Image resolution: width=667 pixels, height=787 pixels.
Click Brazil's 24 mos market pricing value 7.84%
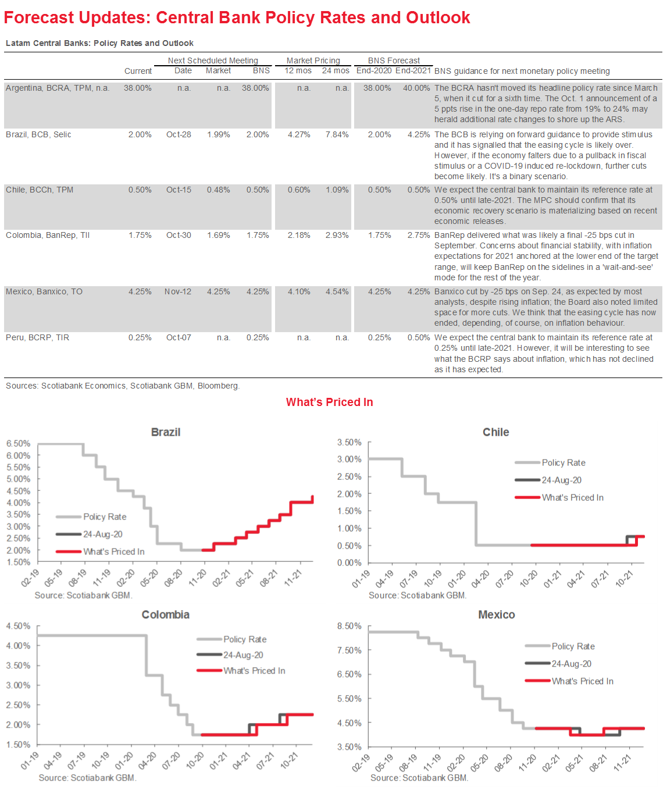point(337,134)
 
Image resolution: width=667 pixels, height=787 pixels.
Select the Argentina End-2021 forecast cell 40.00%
point(416,88)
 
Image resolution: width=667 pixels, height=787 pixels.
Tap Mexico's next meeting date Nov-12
point(177,291)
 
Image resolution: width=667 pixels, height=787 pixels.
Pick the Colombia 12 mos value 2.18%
point(299,235)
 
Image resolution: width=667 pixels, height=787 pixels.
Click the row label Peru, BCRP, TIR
point(37,337)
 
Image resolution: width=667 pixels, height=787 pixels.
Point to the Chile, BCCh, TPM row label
point(40,190)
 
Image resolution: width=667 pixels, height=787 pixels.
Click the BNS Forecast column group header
point(394,60)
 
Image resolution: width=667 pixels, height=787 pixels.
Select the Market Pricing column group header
point(313,60)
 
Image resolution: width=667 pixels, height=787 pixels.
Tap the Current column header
point(138,71)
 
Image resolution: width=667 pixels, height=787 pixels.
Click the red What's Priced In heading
point(329,402)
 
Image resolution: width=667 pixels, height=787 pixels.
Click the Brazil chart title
point(166,432)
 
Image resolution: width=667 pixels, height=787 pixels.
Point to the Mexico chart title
point(496,615)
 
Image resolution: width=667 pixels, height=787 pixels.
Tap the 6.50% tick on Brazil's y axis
point(19,444)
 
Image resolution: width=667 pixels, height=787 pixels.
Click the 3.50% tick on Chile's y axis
point(349,443)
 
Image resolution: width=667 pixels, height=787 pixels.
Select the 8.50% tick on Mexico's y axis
point(349,626)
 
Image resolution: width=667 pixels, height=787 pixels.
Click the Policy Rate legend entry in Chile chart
point(563,463)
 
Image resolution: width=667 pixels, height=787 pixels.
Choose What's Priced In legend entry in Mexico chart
point(582,681)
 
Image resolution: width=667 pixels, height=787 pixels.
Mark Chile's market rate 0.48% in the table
point(219,190)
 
